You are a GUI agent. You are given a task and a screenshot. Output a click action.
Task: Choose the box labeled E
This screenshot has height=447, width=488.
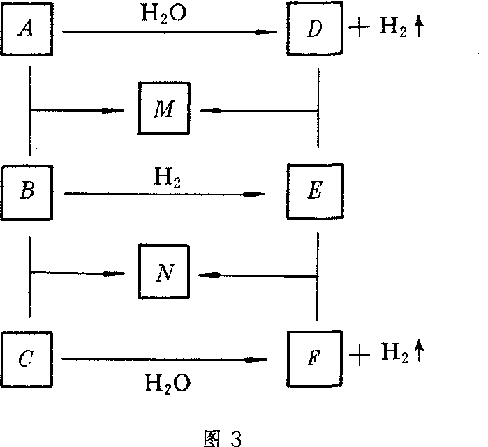pos(313,192)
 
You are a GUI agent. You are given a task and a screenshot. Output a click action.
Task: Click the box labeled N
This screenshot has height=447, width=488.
pos(164,273)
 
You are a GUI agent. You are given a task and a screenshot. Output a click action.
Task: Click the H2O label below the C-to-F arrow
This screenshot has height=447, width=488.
pos(167,383)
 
